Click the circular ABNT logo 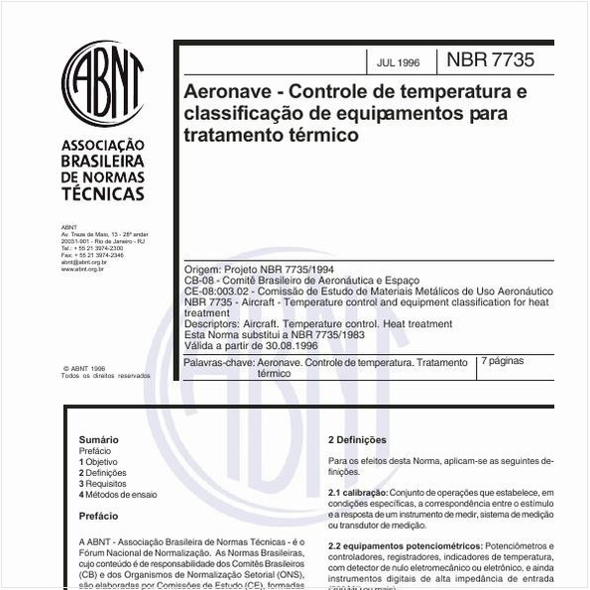click(103, 83)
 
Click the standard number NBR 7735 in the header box click(490, 60)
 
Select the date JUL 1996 click(398, 62)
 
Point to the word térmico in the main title click(326, 135)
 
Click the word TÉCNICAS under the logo click(103, 194)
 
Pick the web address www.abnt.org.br click(83, 269)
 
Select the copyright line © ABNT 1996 click(84, 368)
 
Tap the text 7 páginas click(503, 362)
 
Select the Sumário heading click(99, 439)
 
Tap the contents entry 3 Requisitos click(103, 484)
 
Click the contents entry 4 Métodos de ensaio click(118, 495)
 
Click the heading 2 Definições click(357, 439)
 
